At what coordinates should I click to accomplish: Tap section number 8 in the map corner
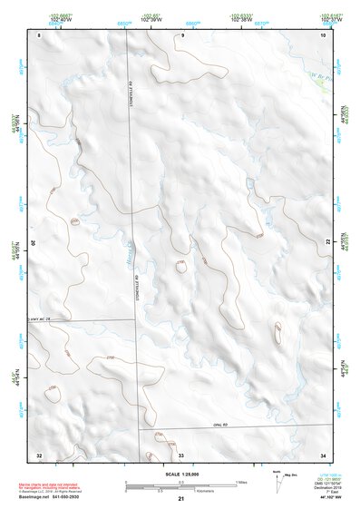(x=40, y=34)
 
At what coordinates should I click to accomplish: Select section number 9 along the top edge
(x=181, y=34)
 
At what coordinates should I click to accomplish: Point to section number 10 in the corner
(x=323, y=34)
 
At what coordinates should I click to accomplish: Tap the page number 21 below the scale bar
(x=180, y=500)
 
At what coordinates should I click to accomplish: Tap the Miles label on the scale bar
(x=242, y=481)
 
